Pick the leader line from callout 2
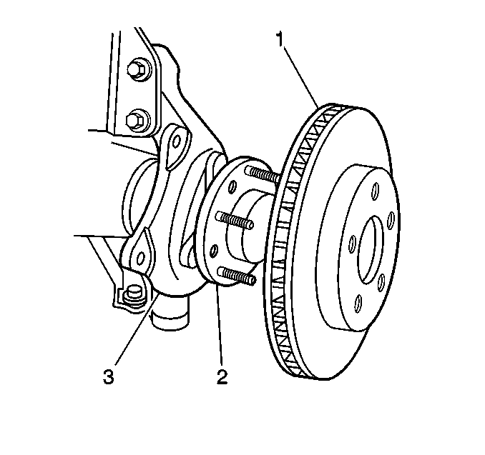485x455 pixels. pyautogui.click(x=218, y=329)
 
